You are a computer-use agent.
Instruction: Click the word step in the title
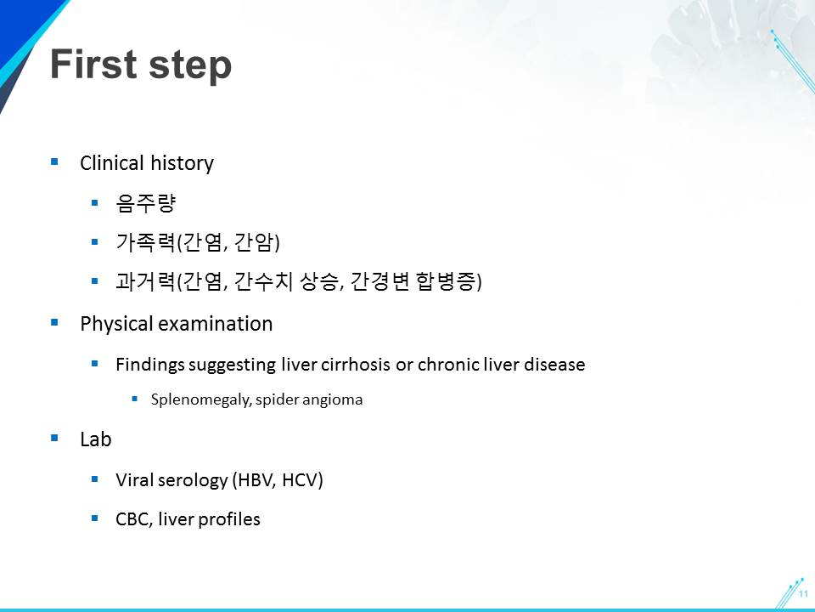pos(189,67)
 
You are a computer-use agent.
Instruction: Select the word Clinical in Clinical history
pos(112,163)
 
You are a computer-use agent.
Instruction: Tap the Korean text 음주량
pos(146,203)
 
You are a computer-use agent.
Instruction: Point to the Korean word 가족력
pos(145,242)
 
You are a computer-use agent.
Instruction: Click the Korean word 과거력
pos(145,281)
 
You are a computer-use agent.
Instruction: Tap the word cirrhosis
pos(364,365)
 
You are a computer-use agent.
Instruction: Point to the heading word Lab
pos(96,439)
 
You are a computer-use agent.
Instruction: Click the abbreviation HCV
pos(300,479)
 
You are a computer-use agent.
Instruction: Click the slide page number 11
pos(804,594)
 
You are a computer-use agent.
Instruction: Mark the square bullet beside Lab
pos(54,439)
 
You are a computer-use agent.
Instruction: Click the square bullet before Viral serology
pos(94,479)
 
